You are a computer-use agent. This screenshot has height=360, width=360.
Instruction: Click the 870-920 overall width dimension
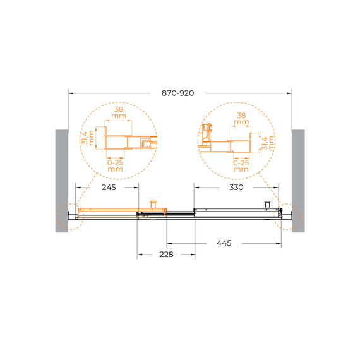tap(177, 93)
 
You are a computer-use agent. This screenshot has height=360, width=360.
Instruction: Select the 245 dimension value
tap(109, 188)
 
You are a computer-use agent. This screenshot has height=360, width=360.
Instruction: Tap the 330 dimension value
tap(236, 188)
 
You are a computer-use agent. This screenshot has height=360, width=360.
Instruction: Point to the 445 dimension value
tap(224, 243)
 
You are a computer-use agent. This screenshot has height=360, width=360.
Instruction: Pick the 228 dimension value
tap(166, 255)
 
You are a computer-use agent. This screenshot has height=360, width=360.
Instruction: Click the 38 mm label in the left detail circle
tap(119, 112)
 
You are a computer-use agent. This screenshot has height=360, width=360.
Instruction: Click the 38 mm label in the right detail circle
tap(241, 119)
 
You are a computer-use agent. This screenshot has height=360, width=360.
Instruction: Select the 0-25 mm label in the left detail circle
tap(115, 165)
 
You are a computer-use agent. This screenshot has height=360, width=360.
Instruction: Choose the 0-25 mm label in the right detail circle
tap(241, 166)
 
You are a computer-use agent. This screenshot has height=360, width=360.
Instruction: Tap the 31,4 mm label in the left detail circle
tap(88, 138)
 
